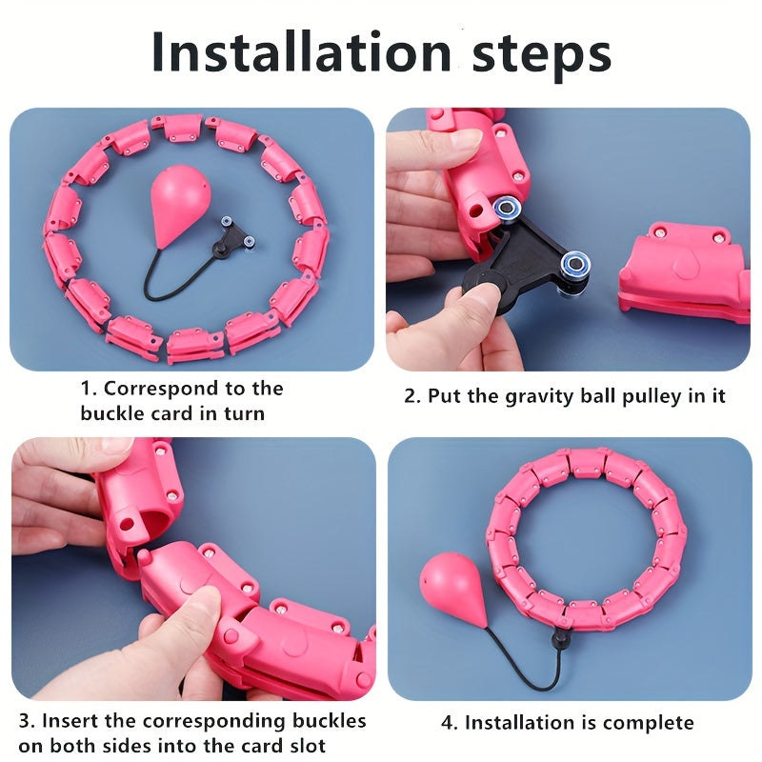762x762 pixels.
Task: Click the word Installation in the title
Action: (301, 51)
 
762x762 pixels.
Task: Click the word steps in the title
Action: (541, 56)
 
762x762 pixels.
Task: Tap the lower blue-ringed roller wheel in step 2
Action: (575, 265)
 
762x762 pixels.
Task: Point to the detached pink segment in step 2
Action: (684, 273)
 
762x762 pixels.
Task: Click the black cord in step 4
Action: (525, 667)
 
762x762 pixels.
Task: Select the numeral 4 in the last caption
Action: (447, 723)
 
